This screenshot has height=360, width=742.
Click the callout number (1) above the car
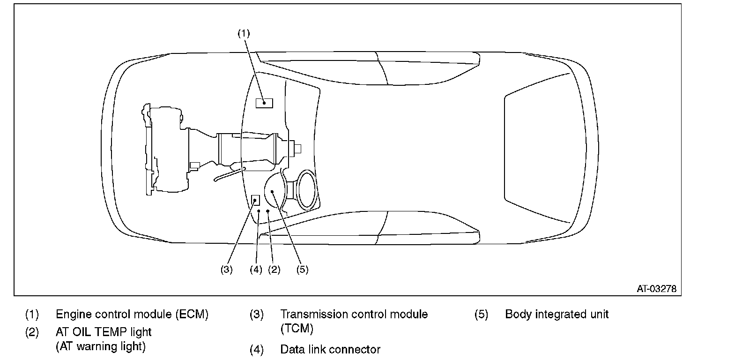(x=244, y=33)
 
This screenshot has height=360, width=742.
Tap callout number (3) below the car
(x=227, y=270)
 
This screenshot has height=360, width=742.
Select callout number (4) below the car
(x=256, y=270)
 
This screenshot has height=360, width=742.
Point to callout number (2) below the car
(x=275, y=270)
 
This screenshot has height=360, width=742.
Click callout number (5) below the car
(x=303, y=270)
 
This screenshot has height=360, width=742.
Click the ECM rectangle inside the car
(x=264, y=103)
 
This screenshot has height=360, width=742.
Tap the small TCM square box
(x=255, y=200)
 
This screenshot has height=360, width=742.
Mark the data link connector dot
(x=259, y=211)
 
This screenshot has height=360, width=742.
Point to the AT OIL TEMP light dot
(x=267, y=211)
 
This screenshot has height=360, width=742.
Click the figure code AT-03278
(x=657, y=289)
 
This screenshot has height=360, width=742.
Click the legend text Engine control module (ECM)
(x=132, y=314)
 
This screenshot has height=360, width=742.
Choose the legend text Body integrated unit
(x=557, y=314)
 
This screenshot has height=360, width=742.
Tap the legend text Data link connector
(x=330, y=349)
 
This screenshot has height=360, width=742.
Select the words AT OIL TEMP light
(x=104, y=332)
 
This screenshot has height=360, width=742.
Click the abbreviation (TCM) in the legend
(x=297, y=329)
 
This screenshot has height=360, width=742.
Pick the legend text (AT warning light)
(x=101, y=346)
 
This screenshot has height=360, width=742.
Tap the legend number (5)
(x=481, y=314)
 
